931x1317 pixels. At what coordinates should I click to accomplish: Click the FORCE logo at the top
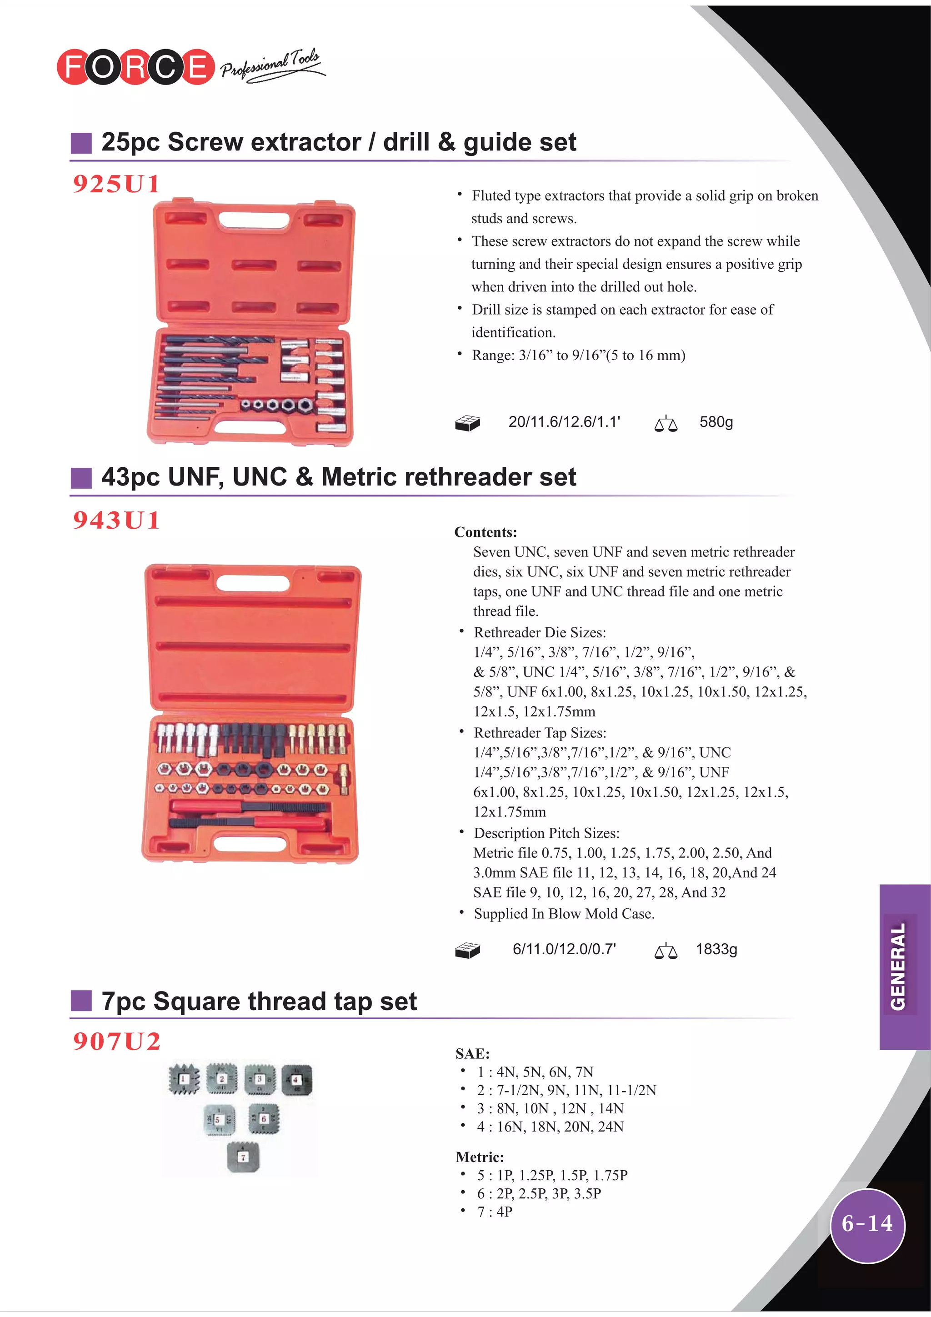[x=135, y=67]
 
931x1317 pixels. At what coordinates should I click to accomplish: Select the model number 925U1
[x=116, y=184]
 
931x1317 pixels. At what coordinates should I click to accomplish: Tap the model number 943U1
[x=116, y=520]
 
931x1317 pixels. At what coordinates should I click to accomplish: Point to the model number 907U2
[x=116, y=1041]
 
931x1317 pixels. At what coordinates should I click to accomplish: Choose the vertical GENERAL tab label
[x=898, y=966]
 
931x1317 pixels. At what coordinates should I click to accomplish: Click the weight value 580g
[x=716, y=422]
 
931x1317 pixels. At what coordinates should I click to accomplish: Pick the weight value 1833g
[x=716, y=949]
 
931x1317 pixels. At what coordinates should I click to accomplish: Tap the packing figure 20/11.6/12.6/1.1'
[x=564, y=422]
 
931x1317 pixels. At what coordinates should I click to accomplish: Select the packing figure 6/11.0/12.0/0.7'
[x=564, y=949]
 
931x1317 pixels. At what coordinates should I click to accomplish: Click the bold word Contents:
[x=486, y=532]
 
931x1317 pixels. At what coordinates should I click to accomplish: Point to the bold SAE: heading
[x=472, y=1054]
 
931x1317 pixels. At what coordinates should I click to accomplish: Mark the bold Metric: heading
[x=480, y=1157]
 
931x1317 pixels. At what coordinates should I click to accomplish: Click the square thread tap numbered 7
[x=243, y=1157]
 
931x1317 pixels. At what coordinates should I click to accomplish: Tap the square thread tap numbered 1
[x=184, y=1080]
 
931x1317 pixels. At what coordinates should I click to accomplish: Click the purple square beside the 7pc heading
[x=81, y=1001]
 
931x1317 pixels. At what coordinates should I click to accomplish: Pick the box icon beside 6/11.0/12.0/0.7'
[x=467, y=951]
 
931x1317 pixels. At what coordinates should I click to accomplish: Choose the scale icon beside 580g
[x=666, y=423]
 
